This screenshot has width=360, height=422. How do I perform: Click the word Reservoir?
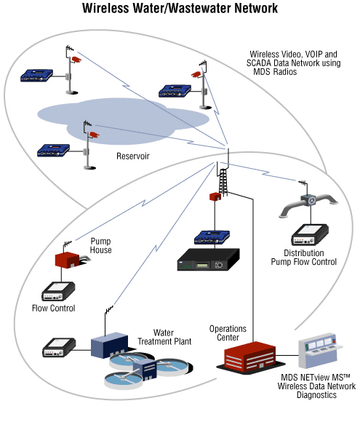click(133, 156)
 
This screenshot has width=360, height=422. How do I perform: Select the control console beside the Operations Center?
click(319, 351)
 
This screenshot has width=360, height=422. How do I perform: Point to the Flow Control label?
click(54, 308)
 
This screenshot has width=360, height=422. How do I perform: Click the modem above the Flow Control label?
click(58, 291)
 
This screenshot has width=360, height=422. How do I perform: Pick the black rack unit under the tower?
click(208, 259)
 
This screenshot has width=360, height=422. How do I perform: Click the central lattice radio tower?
click(223, 179)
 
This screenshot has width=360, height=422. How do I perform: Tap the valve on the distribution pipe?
click(309, 200)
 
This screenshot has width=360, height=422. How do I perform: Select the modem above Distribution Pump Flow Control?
click(310, 235)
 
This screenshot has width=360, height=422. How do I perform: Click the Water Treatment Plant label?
click(164, 337)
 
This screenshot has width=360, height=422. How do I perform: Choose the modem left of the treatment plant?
click(59, 348)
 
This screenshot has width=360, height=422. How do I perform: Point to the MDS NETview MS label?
click(316, 378)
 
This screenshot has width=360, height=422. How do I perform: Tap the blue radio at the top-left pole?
click(36, 76)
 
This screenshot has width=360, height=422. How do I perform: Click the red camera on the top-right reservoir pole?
click(196, 74)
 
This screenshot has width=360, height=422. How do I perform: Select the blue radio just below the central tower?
click(212, 237)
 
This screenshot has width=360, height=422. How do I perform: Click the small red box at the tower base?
click(215, 196)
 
